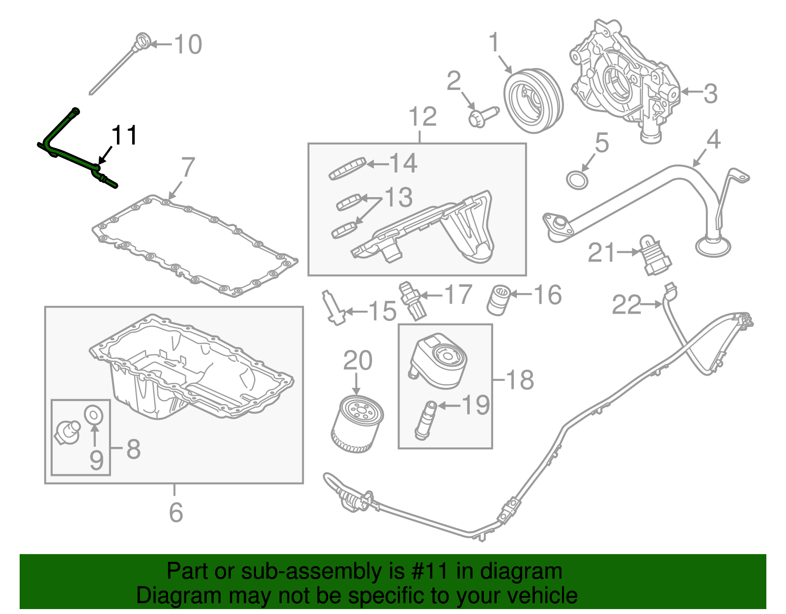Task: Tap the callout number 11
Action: coord(124,136)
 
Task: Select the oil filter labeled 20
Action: coord(357,424)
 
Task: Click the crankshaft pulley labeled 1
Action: coord(533,100)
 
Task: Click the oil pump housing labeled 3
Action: coord(624,79)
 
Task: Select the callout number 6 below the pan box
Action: coord(175,512)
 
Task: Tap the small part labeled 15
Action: coord(332,308)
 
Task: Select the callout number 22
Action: coord(626,305)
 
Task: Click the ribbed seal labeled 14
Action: coord(348,169)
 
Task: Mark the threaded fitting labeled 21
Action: coord(654,256)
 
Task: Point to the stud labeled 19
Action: coord(425,420)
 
